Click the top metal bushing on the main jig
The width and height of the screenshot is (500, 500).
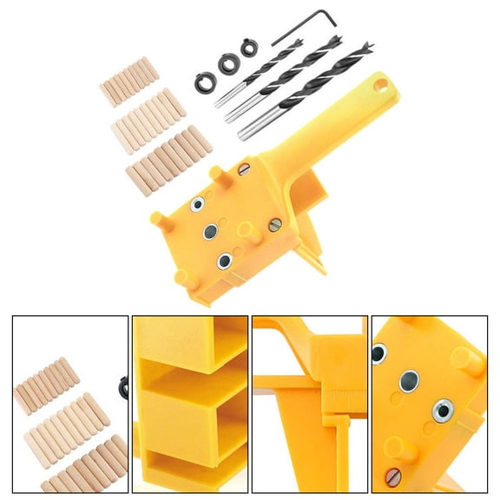[x=198, y=203]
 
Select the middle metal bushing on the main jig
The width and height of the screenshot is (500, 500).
[x=210, y=231]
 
